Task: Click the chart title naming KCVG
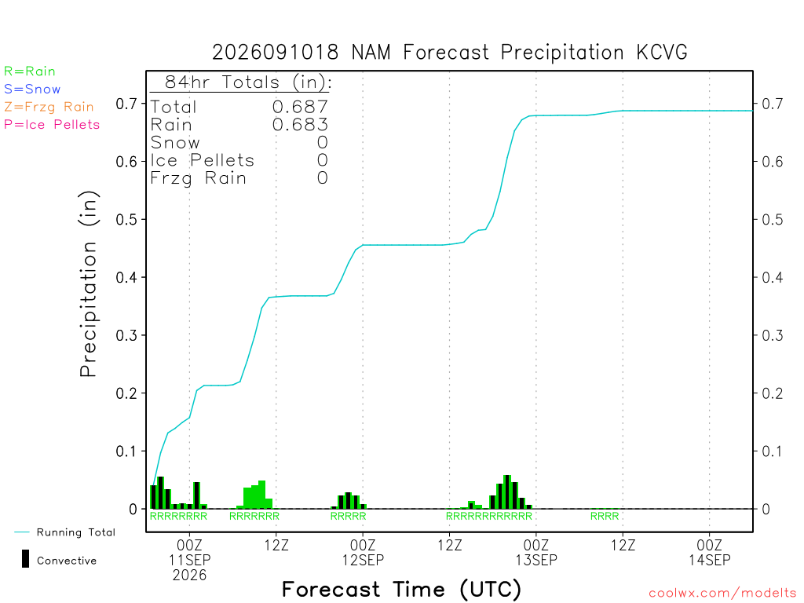pyautogui.click(x=450, y=53)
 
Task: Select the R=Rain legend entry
pyautogui.click(x=29, y=71)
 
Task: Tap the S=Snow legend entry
pyautogui.click(x=31, y=90)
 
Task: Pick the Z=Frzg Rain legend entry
pyautogui.click(x=49, y=107)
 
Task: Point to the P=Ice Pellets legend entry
pyautogui.click(x=52, y=125)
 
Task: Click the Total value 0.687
pyautogui.click(x=300, y=107)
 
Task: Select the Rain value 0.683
pyautogui.click(x=300, y=125)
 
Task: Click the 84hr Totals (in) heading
pyautogui.click(x=248, y=82)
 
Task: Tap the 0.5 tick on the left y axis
pyautogui.click(x=126, y=220)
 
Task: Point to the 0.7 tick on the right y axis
pyautogui.click(x=773, y=104)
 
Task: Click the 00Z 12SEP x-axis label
pyautogui.click(x=363, y=552)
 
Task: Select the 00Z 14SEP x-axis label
pyautogui.click(x=710, y=552)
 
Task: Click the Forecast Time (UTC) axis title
pyautogui.click(x=401, y=590)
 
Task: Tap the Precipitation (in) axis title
pyautogui.click(x=89, y=284)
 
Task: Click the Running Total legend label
pyautogui.click(x=76, y=532)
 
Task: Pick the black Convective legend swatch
pyautogui.click(x=25, y=559)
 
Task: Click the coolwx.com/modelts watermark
pyautogui.click(x=722, y=594)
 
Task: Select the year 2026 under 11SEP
pyautogui.click(x=189, y=576)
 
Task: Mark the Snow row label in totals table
pyautogui.click(x=175, y=143)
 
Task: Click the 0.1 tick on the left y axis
pyautogui.click(x=126, y=451)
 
